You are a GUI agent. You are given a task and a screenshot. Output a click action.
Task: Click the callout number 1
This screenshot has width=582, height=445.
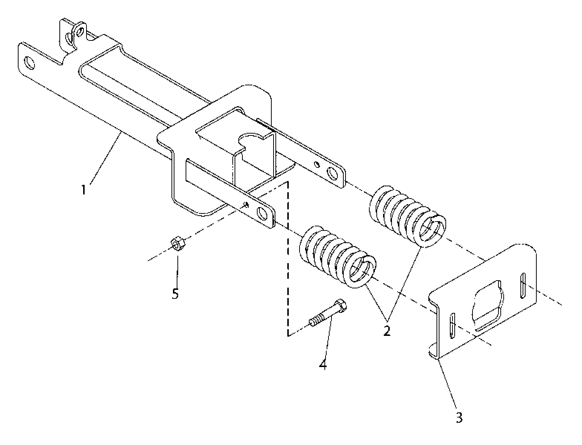coord(84,190)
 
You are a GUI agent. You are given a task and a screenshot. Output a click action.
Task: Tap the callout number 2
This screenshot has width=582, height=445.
coord(387,331)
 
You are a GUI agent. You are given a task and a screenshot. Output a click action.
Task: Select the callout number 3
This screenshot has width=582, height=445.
coord(459,418)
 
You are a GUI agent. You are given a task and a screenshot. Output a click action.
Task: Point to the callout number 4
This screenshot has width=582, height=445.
coord(323,364)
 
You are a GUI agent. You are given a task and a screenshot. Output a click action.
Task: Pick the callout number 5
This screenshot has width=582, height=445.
coord(175,294)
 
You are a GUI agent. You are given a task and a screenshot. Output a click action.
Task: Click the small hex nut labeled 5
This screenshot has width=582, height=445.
coord(178,243)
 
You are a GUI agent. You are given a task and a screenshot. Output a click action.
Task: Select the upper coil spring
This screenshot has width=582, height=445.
coord(408,216)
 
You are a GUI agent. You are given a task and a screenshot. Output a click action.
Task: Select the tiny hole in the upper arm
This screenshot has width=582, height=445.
coord(317,164)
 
